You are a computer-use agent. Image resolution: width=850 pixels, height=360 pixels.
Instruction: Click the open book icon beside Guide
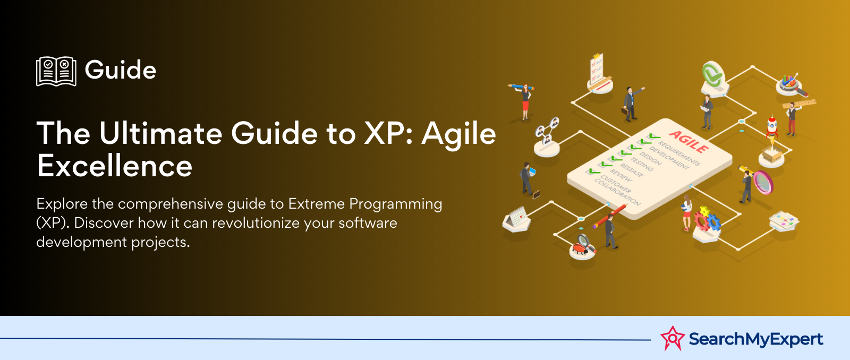point(56,71)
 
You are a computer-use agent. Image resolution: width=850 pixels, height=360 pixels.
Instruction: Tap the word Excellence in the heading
point(115,166)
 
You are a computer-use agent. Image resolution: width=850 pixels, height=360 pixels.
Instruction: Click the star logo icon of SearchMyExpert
point(672,338)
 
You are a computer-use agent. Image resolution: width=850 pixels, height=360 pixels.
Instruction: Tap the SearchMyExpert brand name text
point(755,339)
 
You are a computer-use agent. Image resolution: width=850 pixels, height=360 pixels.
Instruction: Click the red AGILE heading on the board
point(688,141)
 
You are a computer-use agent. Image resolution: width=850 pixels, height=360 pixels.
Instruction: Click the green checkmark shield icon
point(712,74)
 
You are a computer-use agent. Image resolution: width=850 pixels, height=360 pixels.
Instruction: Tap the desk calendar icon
point(516,218)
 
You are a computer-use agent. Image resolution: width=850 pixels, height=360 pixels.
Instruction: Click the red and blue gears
point(707,219)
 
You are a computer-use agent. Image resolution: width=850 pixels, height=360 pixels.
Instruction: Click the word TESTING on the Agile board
point(642,165)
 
